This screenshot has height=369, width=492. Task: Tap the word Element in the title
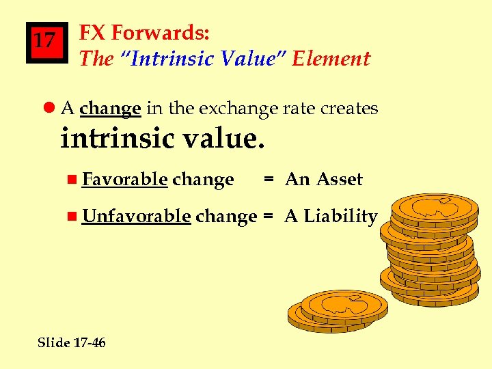coord(331,59)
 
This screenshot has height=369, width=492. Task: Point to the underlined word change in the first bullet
coord(110,109)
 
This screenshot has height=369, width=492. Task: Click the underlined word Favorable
coord(125,180)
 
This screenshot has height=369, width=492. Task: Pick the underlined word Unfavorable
coord(136,217)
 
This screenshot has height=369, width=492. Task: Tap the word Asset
coord(340,180)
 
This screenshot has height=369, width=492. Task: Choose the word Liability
coord(340,217)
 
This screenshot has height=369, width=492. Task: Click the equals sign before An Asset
coord(269,180)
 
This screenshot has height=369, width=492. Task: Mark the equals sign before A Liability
coord(269,217)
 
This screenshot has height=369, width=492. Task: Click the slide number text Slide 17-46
coord(72,342)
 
